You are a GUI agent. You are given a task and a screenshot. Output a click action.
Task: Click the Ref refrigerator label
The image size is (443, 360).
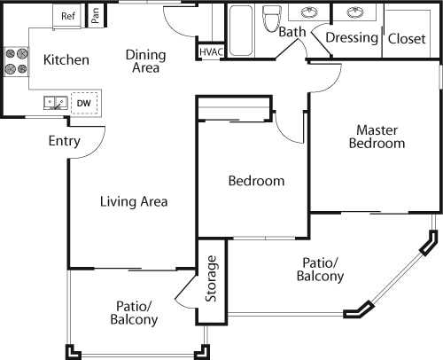coord(68,16)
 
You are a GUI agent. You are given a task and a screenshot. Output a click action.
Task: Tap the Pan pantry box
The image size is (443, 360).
coord(96,15)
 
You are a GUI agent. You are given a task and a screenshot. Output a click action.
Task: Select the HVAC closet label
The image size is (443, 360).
coord(211,52)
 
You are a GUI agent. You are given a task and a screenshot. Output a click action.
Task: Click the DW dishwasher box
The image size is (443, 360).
coord(84,103)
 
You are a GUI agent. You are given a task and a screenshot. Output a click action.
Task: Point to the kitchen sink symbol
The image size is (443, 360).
coord(56,103)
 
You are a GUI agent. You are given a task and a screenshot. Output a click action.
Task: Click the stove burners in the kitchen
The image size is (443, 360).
coord(17,61)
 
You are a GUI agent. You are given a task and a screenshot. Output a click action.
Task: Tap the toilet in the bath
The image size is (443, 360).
coord(272,19)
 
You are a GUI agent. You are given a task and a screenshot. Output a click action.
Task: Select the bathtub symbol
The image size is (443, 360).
coord(241,31)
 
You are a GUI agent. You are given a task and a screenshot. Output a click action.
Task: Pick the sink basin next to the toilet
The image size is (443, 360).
coord(309,12)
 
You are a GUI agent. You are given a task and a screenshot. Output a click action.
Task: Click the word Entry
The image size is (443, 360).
coord(65,141)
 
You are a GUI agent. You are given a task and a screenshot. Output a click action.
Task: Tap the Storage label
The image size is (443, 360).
coord(211,278)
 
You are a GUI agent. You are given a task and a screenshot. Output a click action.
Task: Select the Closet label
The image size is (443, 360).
coord(407,39)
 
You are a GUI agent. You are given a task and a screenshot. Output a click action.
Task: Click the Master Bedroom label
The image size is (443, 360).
coord(377,137)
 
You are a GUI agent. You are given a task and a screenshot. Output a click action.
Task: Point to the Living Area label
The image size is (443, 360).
coord(134,201)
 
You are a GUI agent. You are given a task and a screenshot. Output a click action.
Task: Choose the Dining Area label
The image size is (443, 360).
coord(145,61)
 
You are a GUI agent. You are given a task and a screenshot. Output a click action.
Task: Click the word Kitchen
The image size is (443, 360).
coord(66,59)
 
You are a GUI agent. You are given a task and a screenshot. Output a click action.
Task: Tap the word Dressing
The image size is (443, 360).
coord(352,38)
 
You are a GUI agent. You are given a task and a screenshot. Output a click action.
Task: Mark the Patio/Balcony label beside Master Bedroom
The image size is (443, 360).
coord(320,270)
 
